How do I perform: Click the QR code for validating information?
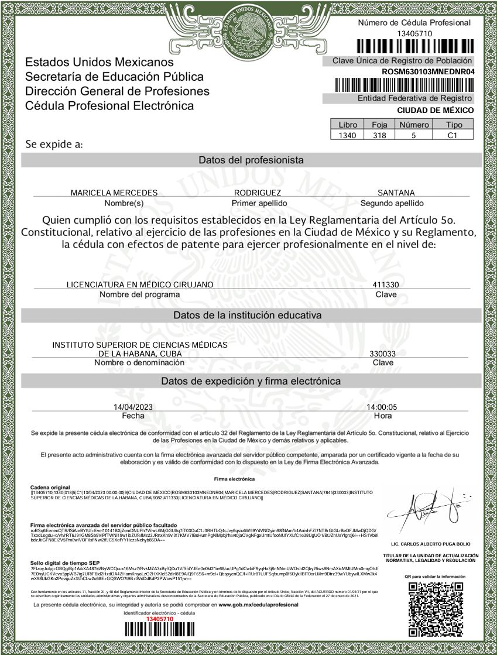click(x=435, y=609)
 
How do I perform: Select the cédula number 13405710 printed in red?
click(x=159, y=619)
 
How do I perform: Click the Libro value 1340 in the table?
click(x=343, y=135)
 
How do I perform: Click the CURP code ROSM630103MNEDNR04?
click(x=427, y=71)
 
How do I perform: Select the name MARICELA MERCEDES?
click(x=114, y=193)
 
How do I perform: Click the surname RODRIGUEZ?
click(x=258, y=193)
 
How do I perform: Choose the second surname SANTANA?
click(x=396, y=193)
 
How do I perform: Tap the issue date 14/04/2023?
click(x=133, y=407)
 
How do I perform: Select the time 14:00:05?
click(x=382, y=407)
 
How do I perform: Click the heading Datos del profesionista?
click(x=251, y=160)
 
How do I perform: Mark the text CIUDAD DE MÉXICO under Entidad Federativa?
click(x=436, y=110)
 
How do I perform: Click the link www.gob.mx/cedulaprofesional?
click(x=258, y=604)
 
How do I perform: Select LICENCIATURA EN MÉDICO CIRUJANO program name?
click(x=140, y=284)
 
